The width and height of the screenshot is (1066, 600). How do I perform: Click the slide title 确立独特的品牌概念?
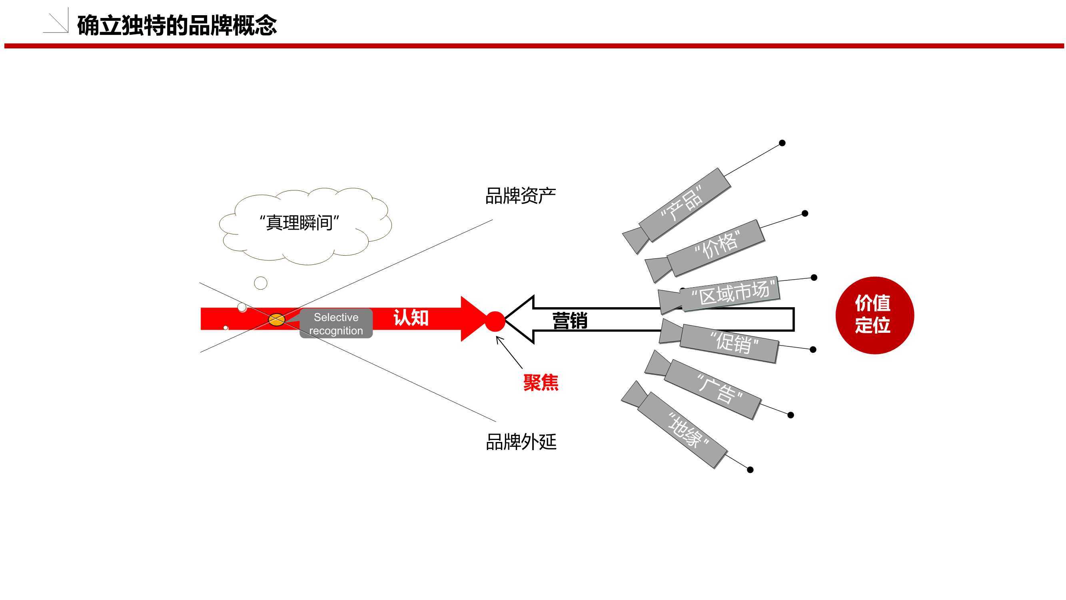click(177, 25)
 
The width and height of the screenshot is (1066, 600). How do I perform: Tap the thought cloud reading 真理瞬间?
click(305, 226)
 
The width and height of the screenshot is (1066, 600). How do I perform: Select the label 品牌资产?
click(520, 196)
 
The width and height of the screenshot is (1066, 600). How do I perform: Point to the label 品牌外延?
click(521, 442)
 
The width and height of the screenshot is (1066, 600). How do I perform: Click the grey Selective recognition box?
click(336, 323)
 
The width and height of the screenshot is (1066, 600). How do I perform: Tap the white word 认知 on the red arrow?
click(411, 318)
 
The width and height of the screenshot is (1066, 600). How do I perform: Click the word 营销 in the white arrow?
click(570, 320)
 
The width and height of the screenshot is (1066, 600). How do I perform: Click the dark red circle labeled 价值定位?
click(874, 315)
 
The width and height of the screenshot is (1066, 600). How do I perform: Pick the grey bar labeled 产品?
click(685, 204)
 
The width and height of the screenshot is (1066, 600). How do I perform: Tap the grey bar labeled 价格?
click(716, 248)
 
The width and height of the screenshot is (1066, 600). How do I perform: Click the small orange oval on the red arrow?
click(276, 320)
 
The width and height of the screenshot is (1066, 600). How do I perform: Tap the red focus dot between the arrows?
click(495, 321)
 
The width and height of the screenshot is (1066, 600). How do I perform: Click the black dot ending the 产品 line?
click(782, 143)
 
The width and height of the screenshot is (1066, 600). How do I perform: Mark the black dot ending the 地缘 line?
click(750, 470)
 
